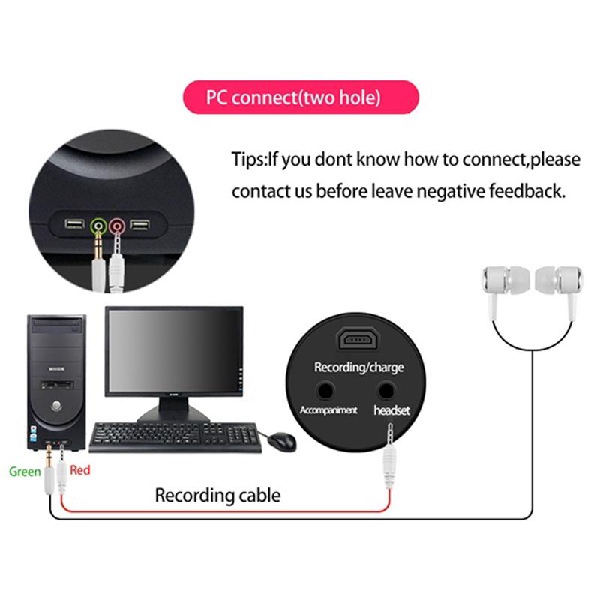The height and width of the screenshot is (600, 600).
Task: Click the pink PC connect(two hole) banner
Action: tap(300, 97)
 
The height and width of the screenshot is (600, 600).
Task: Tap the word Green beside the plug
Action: tap(25, 472)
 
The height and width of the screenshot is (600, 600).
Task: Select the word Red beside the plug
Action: tap(79, 470)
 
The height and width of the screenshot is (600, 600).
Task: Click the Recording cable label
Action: tap(217, 495)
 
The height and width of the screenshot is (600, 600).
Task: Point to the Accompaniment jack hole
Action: tap(325, 390)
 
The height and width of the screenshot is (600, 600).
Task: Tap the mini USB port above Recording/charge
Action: tap(358, 340)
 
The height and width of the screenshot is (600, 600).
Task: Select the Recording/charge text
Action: tap(358, 367)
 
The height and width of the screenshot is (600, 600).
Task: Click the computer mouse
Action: tap(282, 440)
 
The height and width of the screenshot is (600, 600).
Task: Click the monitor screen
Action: tap(174, 352)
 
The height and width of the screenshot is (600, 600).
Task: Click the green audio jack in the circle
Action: tap(97, 225)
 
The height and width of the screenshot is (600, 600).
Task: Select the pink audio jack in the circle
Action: tap(116, 225)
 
